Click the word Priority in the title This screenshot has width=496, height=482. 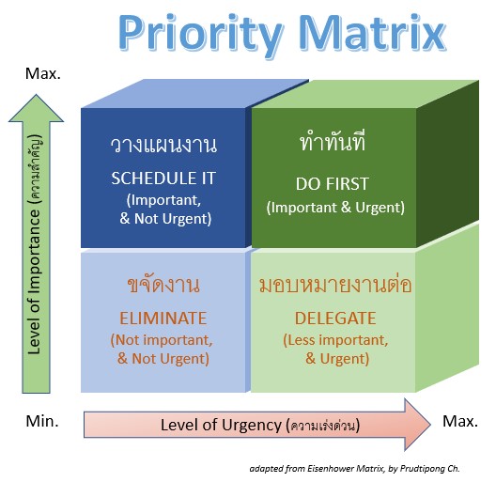click(200, 35)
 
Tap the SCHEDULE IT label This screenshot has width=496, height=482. click(163, 179)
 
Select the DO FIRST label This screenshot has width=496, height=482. click(333, 184)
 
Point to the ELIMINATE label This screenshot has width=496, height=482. click(163, 319)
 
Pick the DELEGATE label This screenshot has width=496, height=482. click(335, 319)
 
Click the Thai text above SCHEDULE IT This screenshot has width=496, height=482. click(163, 146)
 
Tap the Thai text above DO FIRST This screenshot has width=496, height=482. click(333, 141)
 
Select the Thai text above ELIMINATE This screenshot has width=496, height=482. click(163, 284)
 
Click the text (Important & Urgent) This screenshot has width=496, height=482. click(335, 208)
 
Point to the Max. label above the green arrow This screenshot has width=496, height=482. click(42, 73)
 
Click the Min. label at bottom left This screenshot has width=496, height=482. click(42, 421)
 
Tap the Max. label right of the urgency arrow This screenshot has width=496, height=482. click(460, 421)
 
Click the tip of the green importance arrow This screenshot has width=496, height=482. click(36, 95)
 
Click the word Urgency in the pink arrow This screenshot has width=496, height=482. click(252, 426)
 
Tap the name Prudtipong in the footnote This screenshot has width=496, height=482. click(423, 469)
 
